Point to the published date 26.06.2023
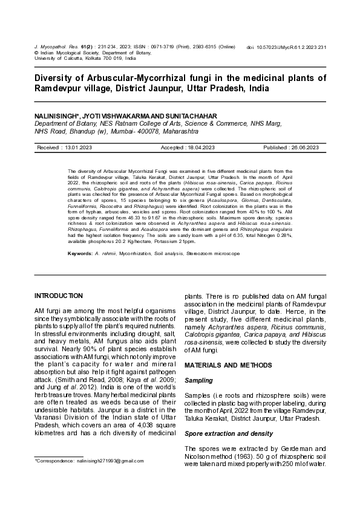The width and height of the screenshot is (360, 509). click(305, 148)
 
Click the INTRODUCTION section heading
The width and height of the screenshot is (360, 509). click(59, 296)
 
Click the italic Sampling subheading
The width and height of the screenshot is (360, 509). click(198, 380)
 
